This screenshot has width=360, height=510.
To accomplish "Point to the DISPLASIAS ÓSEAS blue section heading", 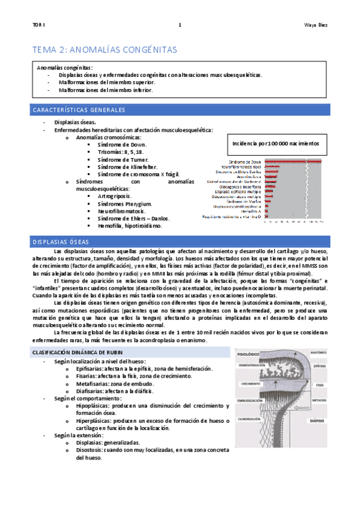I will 60,241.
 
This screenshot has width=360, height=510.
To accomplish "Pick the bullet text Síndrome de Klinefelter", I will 124,167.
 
